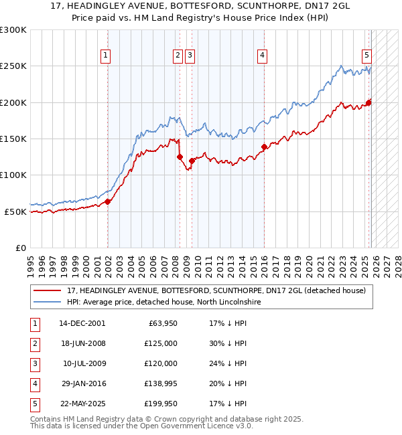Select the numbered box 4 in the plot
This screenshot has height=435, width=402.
coord(263,56)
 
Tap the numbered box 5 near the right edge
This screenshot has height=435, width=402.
coord(367,56)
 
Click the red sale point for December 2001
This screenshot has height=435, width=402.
coord(107,201)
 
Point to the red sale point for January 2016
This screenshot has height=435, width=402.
coord(263,147)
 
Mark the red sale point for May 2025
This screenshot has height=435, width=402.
coord(368,102)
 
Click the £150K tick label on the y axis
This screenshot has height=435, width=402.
coord(13,139)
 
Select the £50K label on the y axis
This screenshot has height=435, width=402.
coord(15,211)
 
